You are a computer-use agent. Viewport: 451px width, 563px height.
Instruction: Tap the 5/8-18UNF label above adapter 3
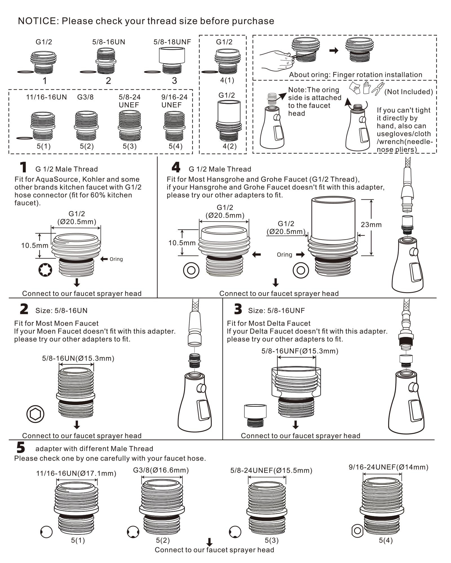172,42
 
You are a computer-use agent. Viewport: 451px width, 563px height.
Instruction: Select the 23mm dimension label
371,225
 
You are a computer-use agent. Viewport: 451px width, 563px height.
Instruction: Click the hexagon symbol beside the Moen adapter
35,414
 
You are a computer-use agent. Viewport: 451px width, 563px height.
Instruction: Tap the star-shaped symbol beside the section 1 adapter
45,270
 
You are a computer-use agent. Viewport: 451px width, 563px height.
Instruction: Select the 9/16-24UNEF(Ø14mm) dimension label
388,467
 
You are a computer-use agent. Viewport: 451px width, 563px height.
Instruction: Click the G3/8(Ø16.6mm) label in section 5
161,470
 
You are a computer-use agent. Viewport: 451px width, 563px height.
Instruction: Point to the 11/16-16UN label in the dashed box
47,97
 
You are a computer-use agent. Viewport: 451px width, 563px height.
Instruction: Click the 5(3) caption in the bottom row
271,540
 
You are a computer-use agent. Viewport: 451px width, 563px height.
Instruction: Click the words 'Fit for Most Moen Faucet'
56,323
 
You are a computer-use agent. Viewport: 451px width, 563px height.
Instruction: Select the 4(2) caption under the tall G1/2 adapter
229,146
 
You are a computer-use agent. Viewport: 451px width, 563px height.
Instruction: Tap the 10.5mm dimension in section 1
34,245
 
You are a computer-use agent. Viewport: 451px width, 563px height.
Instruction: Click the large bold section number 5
21,447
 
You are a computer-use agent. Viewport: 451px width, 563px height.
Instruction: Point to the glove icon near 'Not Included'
366,88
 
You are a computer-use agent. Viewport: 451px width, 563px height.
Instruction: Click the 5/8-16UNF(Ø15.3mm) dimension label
300,351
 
